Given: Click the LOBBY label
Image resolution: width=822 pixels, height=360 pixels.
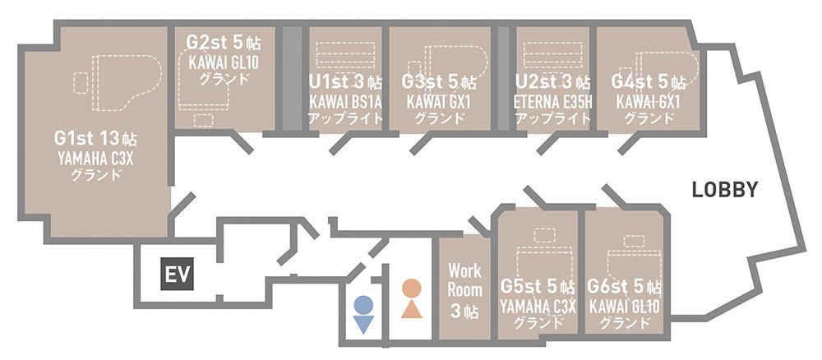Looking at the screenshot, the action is [x=723, y=190].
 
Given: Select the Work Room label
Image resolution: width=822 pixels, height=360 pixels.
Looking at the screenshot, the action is [x=464, y=279].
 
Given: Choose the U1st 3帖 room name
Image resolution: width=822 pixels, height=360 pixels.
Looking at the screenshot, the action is [x=345, y=82].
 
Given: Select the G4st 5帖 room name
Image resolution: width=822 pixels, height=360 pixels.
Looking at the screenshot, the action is [x=649, y=82].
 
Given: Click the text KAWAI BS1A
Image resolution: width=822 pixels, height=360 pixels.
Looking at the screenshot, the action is [x=345, y=102].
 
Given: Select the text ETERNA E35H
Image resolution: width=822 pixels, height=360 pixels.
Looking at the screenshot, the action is [x=552, y=102].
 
